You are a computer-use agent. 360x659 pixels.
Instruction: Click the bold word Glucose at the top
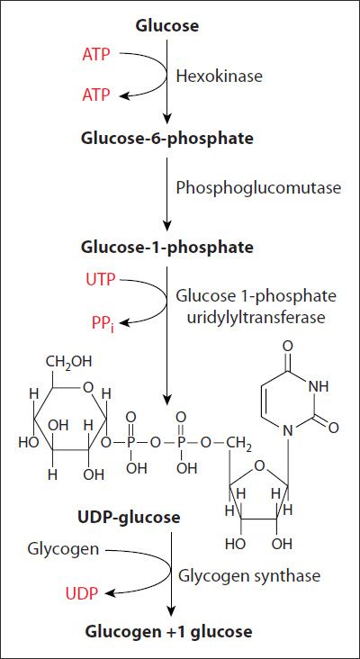coord(166,26)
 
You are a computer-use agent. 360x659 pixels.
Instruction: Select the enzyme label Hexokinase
coord(219,76)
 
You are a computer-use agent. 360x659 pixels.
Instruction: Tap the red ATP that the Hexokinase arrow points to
coord(95,96)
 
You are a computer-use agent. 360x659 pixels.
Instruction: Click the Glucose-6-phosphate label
coord(167,139)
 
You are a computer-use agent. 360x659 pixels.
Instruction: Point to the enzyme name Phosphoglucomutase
coord(258,188)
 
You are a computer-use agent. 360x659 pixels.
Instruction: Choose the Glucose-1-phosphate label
coord(167,247)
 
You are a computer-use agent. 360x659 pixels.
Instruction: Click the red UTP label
coord(101,279)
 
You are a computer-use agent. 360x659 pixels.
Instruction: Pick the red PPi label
coord(103,323)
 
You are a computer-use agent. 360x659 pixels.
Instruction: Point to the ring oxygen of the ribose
coord(260,465)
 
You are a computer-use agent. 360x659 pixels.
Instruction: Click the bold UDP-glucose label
coord(129,517)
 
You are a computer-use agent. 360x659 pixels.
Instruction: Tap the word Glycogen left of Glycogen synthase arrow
coord(63,549)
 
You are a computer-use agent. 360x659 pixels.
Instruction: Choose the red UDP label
coord(82,593)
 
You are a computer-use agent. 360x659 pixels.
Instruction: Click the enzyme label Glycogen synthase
coord(249,575)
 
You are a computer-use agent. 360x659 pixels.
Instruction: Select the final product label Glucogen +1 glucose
coord(169,631)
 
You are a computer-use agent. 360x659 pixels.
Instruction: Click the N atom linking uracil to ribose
coord(287,430)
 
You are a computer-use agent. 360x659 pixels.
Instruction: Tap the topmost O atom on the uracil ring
coord(288,347)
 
